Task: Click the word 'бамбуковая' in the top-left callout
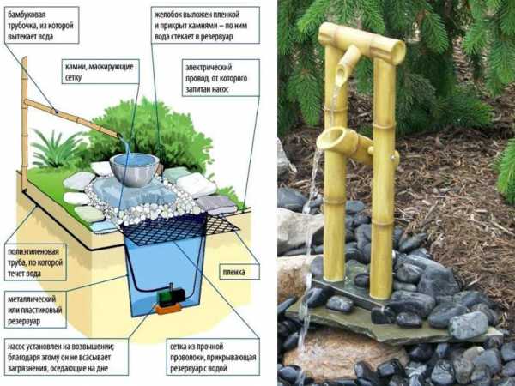pos(27,15)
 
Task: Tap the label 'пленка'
pos(233,272)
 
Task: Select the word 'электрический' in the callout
pos(209,68)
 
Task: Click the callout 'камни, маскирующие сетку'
pos(100,71)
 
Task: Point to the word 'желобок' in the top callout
pos(168,15)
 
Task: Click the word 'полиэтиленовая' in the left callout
pos(33,252)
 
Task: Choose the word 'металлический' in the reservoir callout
pos(32,299)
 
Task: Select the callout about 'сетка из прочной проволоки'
pos(213,357)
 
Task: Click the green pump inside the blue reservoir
pos(172,295)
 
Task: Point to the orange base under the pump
pos(168,309)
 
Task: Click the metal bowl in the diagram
pos(135,169)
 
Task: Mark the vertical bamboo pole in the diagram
pos(24,124)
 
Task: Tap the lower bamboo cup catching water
pos(342,142)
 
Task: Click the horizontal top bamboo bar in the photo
pos(362,43)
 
